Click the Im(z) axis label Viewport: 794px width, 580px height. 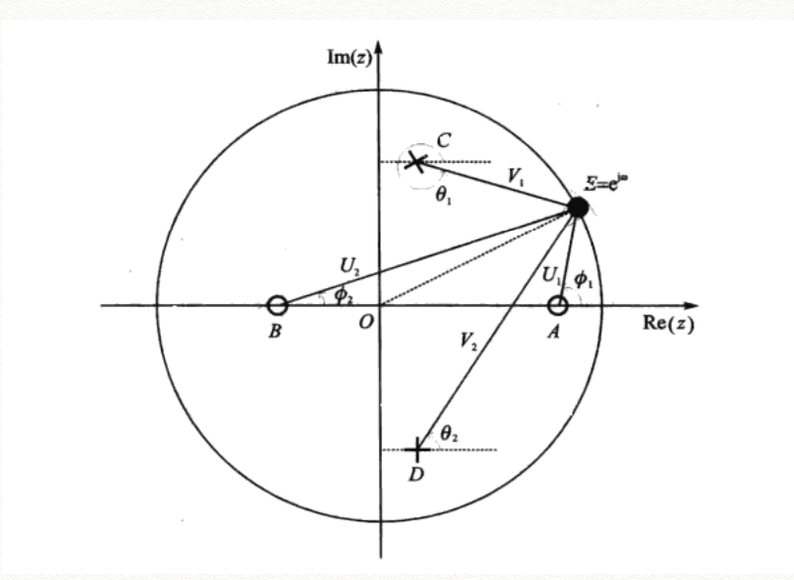tap(348, 56)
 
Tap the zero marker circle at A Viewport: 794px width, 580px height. tap(559, 305)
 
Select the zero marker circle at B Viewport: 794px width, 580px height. tap(278, 305)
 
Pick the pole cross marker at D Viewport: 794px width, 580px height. tap(418, 449)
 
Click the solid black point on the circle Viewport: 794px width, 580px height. tap(578, 207)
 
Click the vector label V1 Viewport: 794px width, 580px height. tap(516, 176)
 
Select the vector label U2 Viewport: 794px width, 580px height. tap(349, 266)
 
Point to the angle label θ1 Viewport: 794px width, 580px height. tap(444, 195)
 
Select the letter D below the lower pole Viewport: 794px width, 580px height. tap(417, 476)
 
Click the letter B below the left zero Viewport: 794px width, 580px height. tap(275, 332)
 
